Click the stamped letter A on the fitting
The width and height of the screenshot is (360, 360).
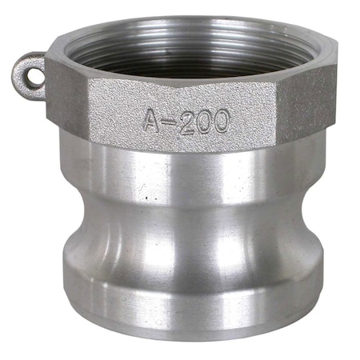pos(151,121)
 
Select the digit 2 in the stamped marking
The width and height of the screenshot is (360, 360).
pos(185,121)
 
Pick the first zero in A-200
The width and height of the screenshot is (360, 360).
pos(202,121)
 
